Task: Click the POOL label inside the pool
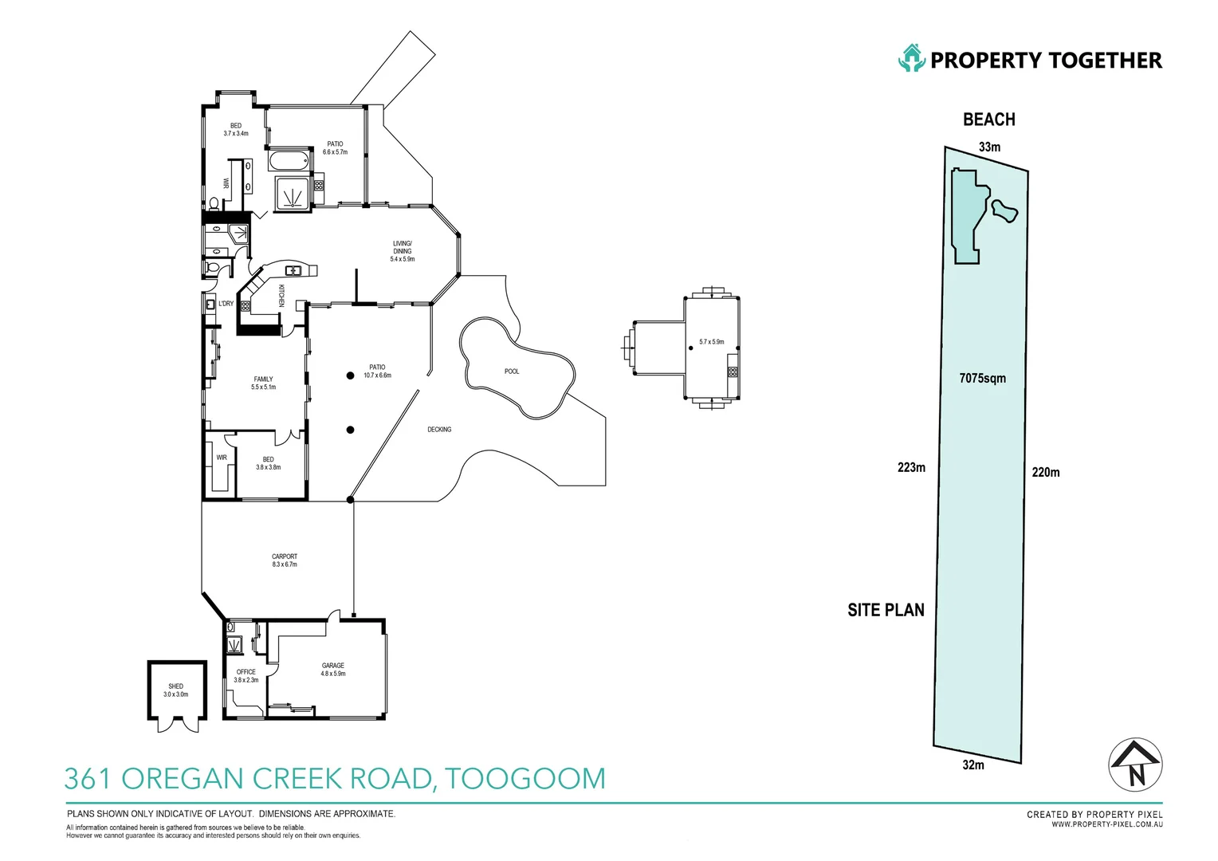pos(512,372)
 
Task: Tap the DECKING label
pos(439,430)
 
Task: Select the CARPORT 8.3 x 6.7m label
pos(285,560)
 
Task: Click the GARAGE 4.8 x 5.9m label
pos(333,670)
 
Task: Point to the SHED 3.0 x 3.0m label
pos(176,690)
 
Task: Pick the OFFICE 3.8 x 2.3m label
pos(246,676)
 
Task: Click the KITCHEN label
pos(281,296)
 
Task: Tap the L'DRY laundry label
pos(226,304)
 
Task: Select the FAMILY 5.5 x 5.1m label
pos(264,383)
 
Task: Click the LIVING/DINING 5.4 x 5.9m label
pos(403,251)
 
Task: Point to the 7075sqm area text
pos(982,379)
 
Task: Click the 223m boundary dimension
pos(911,468)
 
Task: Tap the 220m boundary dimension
pos(1046,473)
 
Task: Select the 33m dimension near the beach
pos(989,147)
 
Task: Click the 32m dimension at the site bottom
pos(973,765)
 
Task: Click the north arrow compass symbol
pos(1136,765)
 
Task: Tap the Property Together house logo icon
pos(911,59)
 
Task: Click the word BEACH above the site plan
pos(989,120)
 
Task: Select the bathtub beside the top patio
pos(289,161)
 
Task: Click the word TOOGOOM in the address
pos(525,779)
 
